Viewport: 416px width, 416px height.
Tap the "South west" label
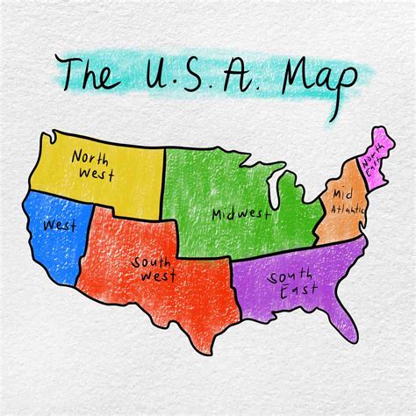click(154, 269)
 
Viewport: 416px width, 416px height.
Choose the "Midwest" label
click(238, 214)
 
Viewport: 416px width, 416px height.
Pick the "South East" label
click(292, 287)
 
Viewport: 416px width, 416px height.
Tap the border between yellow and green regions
click(163, 180)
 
